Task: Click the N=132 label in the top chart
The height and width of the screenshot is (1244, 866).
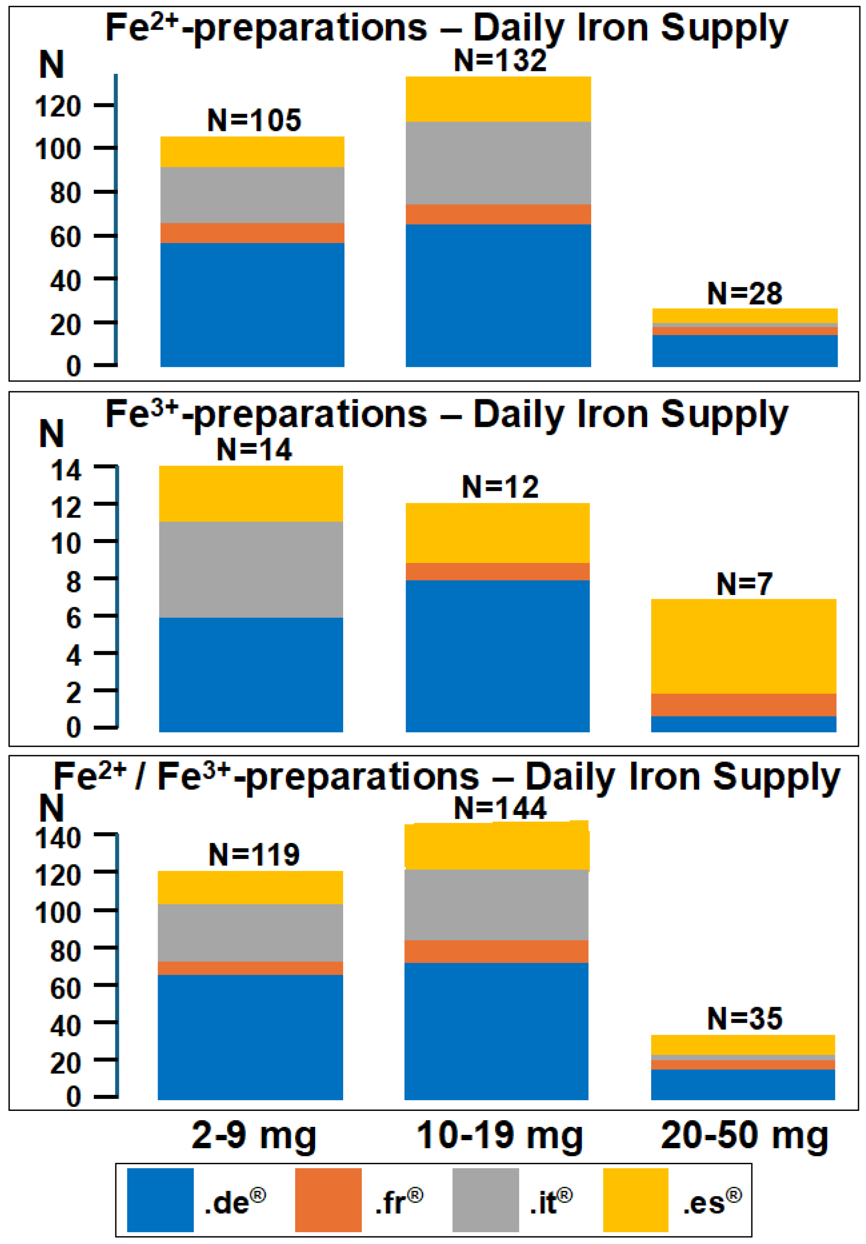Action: [500, 60]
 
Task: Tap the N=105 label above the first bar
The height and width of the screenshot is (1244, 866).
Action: [253, 120]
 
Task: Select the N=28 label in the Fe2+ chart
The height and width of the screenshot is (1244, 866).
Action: [745, 293]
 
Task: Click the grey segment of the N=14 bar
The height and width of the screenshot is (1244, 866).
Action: [251, 569]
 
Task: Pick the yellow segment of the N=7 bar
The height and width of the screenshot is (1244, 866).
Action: [743, 646]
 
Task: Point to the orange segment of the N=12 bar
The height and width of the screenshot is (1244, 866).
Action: [498, 571]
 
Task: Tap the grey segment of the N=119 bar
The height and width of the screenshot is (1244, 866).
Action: [250, 933]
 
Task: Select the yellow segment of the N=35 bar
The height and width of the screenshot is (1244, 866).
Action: [743, 1045]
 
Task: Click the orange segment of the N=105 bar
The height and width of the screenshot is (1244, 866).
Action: [253, 233]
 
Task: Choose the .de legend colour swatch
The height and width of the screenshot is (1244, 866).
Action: [160, 1200]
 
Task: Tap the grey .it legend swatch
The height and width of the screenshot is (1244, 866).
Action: [486, 1200]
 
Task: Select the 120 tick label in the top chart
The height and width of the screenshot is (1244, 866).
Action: [58, 106]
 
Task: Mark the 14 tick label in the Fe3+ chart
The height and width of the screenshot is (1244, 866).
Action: [66, 470]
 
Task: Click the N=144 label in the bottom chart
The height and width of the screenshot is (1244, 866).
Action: [500, 808]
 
